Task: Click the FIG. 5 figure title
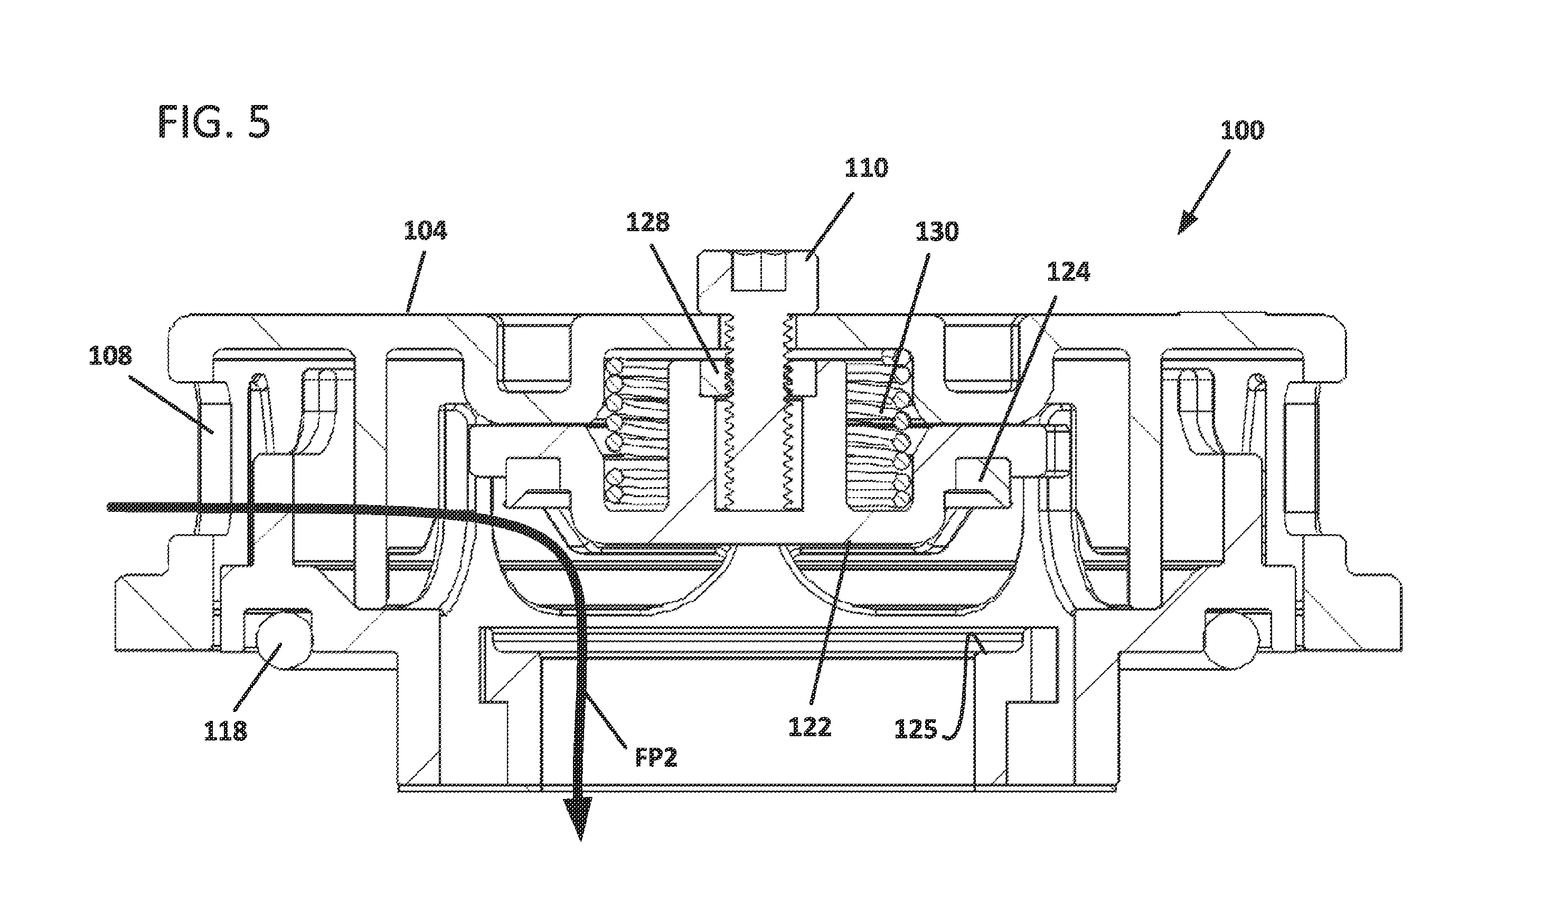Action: [x=213, y=121]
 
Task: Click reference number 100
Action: [x=1242, y=130]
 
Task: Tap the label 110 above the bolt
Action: [x=866, y=168]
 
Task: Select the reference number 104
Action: [x=425, y=231]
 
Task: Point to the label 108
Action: [x=110, y=356]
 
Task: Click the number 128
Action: [x=647, y=222]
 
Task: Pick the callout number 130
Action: [x=937, y=232]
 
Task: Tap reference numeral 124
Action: [x=1068, y=271]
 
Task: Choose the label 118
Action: [x=225, y=731]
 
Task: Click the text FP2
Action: [x=656, y=758]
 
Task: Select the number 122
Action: [x=810, y=728]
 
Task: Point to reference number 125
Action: [x=916, y=730]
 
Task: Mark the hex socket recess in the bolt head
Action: [x=760, y=272]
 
